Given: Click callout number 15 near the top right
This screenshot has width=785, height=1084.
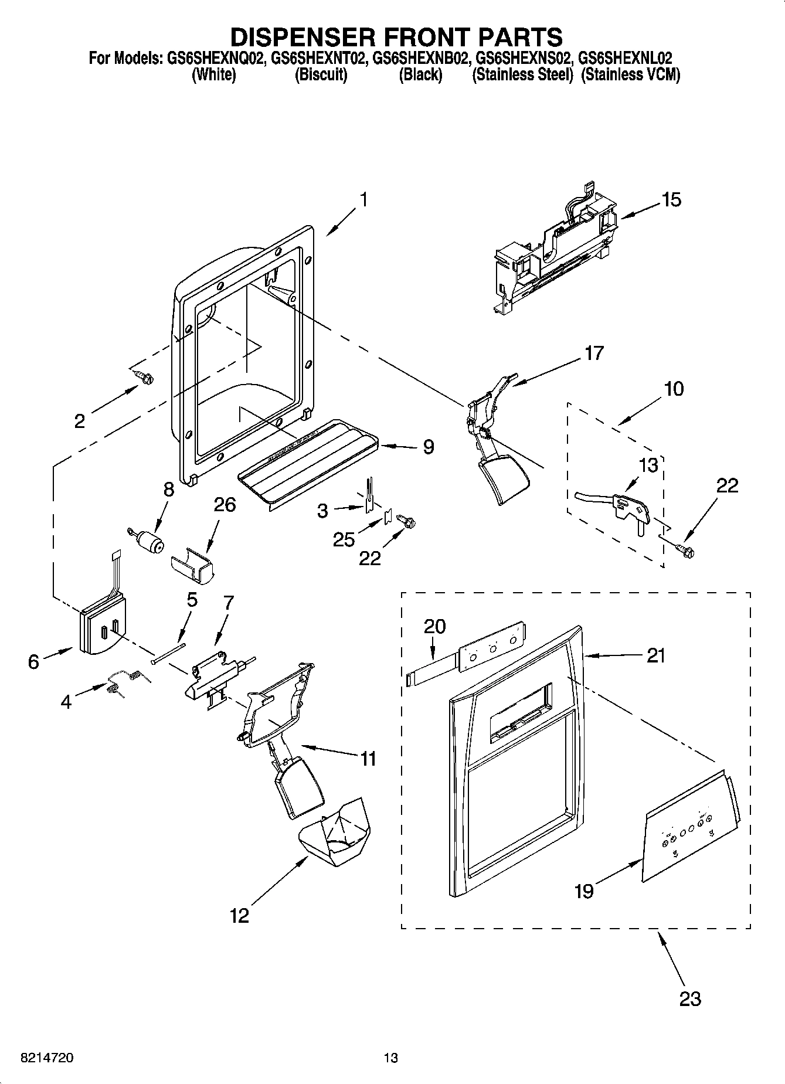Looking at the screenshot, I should [x=672, y=200].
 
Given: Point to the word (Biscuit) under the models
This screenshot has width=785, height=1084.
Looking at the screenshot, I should [x=321, y=75].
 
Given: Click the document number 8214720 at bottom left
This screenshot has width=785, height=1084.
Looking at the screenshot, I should [x=47, y=1058].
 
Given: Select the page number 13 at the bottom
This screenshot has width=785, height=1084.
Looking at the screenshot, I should [x=391, y=1058].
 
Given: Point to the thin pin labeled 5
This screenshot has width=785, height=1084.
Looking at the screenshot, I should [x=168, y=653].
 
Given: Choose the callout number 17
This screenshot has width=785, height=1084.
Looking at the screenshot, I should [x=594, y=354].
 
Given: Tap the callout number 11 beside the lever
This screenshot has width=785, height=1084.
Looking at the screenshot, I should [x=368, y=759].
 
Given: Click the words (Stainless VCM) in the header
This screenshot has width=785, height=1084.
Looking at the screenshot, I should [x=630, y=75].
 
